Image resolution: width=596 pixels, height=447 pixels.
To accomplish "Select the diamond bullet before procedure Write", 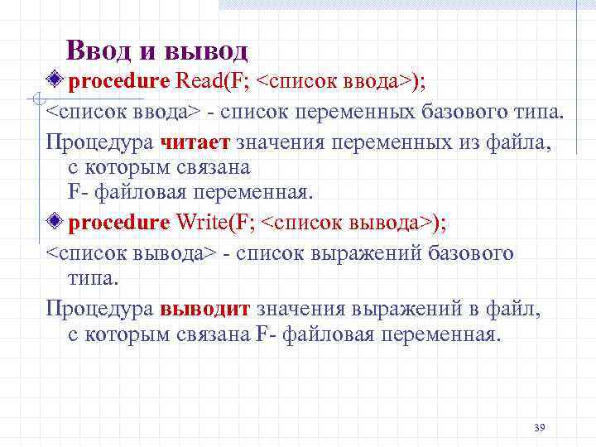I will (x=55, y=222).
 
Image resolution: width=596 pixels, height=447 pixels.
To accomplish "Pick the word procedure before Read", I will (x=118, y=81).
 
